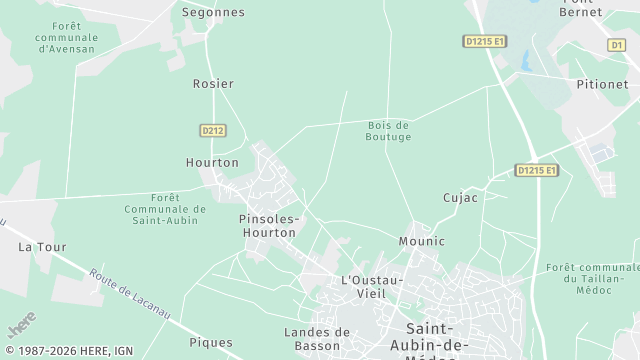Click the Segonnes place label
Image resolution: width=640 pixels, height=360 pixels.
(x=213, y=12)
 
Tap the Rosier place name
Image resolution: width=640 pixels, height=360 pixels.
(x=213, y=84)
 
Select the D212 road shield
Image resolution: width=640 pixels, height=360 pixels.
(x=213, y=130)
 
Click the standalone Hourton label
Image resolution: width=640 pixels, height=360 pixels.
(x=212, y=162)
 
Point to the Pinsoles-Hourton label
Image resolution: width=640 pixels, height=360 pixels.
(x=268, y=225)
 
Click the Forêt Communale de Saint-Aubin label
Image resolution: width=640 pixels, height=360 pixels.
(x=165, y=209)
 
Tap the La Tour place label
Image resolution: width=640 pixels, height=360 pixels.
(x=41, y=246)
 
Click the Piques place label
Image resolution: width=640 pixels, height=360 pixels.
(x=210, y=342)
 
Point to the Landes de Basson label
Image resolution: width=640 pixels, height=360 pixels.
(x=317, y=339)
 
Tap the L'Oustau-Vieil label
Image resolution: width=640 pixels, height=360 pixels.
(x=372, y=286)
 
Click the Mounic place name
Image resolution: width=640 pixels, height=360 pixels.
(x=421, y=241)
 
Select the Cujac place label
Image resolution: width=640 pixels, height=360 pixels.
(x=460, y=197)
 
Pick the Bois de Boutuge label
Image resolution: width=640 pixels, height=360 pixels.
(x=389, y=130)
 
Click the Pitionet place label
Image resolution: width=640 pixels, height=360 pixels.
(x=602, y=85)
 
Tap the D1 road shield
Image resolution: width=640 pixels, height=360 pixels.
(x=616, y=45)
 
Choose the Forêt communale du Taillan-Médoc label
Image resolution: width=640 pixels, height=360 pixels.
(x=592, y=278)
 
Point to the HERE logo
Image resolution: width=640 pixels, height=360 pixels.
(x=21, y=324)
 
